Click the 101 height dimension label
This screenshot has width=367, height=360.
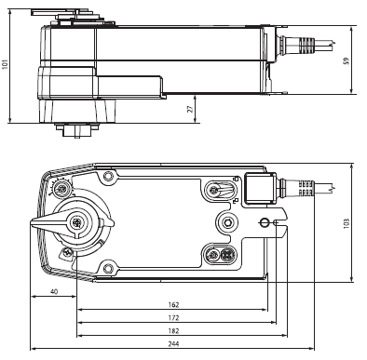(x=6, y=63)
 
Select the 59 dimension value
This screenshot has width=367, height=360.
(x=347, y=60)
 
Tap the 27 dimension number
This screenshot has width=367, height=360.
(x=190, y=109)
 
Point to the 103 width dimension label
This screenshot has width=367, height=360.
(x=347, y=223)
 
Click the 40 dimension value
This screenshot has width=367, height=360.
(x=54, y=291)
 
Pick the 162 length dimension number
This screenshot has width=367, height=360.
(x=173, y=304)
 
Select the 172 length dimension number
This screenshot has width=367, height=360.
(x=173, y=317)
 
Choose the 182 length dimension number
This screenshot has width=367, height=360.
(x=173, y=330)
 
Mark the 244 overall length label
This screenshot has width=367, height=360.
(x=173, y=343)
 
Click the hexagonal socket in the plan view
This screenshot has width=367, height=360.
(x=227, y=222)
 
